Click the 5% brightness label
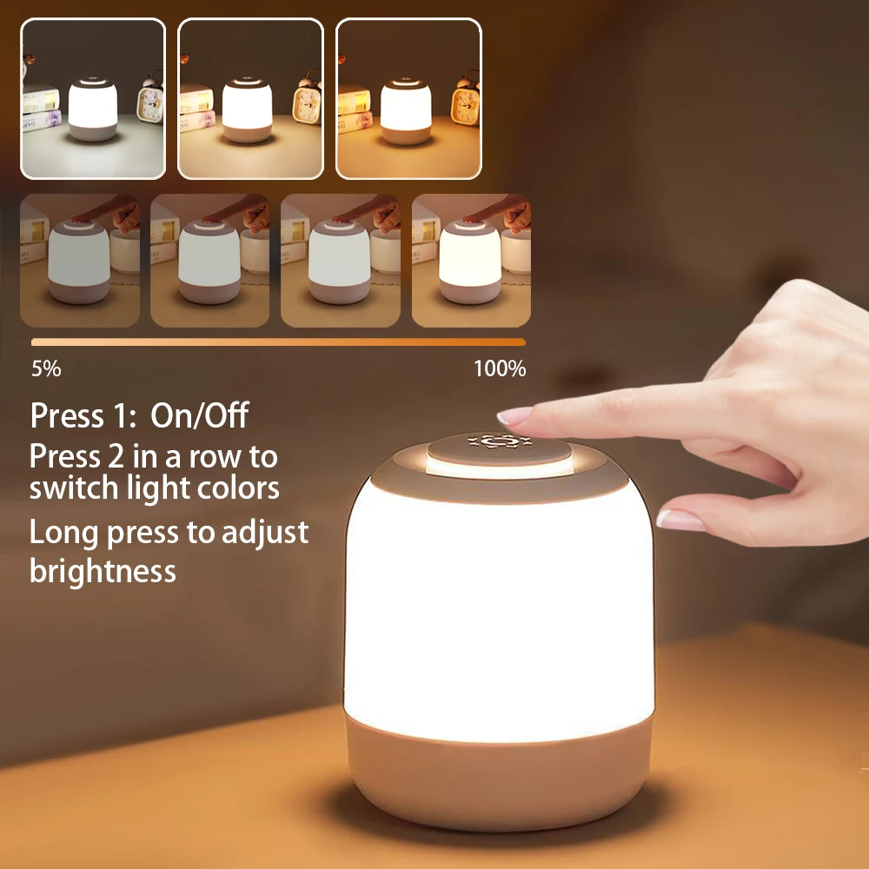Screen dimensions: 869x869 tap(46, 368)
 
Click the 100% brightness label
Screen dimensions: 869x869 tap(500, 368)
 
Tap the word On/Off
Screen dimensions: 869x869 tap(200, 415)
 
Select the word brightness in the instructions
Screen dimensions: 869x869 tap(103, 571)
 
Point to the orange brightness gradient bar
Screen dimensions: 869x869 tap(278, 342)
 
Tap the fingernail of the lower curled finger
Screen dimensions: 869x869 tap(680, 520)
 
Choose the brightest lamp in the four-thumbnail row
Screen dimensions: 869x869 tap(469, 261)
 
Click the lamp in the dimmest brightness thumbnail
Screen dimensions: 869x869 tap(79, 262)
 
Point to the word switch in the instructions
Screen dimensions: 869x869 tap(71, 488)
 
